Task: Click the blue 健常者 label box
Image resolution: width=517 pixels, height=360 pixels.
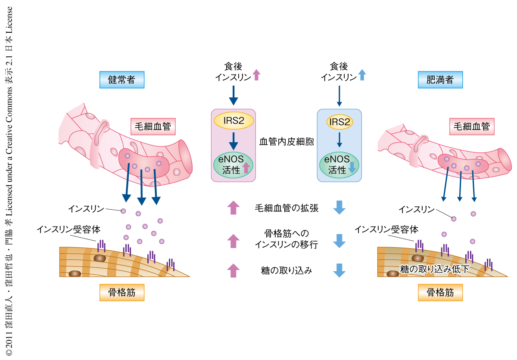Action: point(121,80)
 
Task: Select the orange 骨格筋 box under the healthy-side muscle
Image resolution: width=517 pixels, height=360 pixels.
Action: point(121,293)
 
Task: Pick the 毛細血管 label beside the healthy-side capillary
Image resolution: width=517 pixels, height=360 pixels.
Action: point(153,127)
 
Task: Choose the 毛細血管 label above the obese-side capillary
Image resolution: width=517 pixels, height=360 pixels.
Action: point(472,127)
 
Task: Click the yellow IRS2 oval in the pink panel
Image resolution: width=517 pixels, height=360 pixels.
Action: point(233,121)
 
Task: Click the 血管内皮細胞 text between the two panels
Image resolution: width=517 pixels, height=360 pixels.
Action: point(287,141)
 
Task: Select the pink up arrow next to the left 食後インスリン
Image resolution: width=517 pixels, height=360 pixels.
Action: point(256,75)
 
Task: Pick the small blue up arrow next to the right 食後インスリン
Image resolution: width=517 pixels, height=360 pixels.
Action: point(362,75)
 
